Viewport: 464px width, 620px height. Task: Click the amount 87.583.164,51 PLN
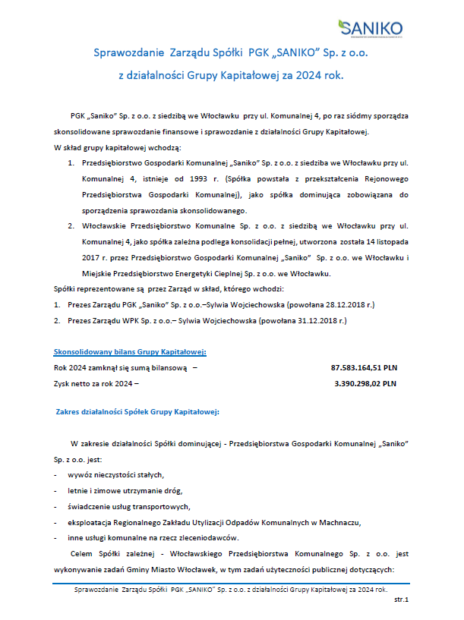tap(364, 367)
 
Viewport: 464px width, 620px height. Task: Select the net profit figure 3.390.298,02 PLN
tap(365, 383)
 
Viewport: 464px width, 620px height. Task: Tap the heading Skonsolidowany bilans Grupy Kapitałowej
tap(130, 351)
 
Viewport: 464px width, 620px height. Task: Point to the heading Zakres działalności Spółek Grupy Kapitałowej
tap(137, 411)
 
